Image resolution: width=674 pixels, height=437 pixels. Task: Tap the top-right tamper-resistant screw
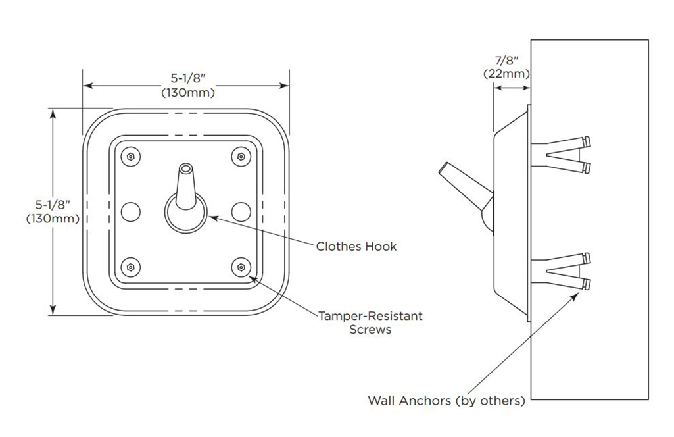pos(241,157)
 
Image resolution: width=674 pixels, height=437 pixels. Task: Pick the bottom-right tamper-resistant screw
pos(241,267)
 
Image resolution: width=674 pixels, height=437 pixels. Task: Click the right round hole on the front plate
pos(241,211)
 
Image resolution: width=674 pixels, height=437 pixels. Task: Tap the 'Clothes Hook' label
pos(356,246)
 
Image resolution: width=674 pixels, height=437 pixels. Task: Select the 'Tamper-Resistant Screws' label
pos(371,322)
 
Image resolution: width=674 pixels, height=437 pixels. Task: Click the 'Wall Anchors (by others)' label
pos(446,400)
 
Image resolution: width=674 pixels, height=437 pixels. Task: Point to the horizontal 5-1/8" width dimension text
pos(187,85)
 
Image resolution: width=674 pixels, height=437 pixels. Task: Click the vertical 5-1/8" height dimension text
pos(53,211)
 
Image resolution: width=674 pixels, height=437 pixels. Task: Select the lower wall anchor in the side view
pos(563,272)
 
